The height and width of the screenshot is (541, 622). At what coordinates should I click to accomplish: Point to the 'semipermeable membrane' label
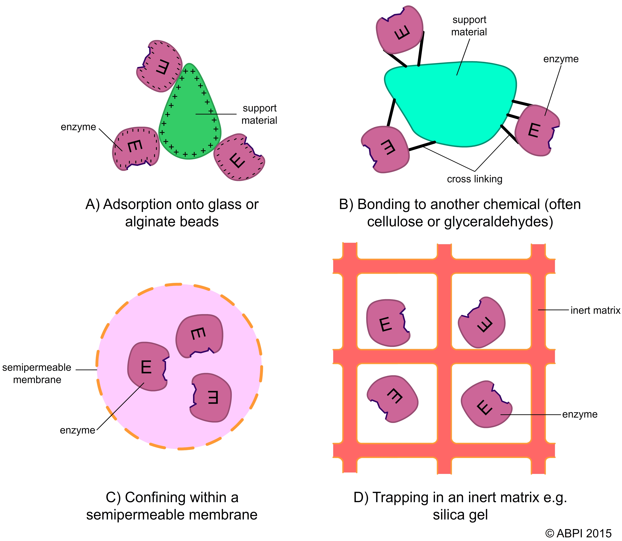[x=37, y=373]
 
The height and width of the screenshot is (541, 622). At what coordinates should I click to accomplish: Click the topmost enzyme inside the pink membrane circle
[x=199, y=335]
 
